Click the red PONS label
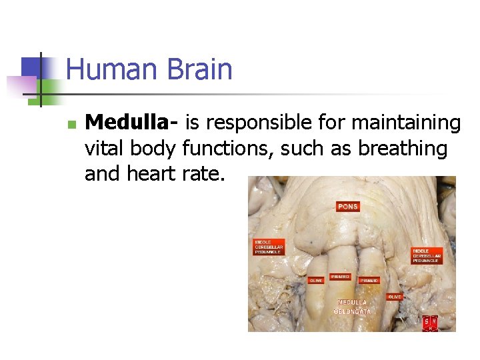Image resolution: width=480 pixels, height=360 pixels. pos(348,207)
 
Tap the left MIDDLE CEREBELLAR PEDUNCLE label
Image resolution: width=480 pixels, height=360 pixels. pos(269,247)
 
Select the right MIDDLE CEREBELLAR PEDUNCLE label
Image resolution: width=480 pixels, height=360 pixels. pos(427,255)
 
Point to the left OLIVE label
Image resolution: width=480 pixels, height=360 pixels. pos(316,280)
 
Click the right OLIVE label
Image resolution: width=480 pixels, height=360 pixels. pos(395,296)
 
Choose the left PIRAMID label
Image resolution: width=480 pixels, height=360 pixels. pos(340,276)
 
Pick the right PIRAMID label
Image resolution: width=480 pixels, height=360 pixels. pos(369,281)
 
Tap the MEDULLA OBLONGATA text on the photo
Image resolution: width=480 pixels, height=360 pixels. pos(353,307)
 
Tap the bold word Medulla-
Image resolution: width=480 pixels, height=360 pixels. pos(132,123)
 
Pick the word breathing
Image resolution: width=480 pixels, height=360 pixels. pos(402,148)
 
